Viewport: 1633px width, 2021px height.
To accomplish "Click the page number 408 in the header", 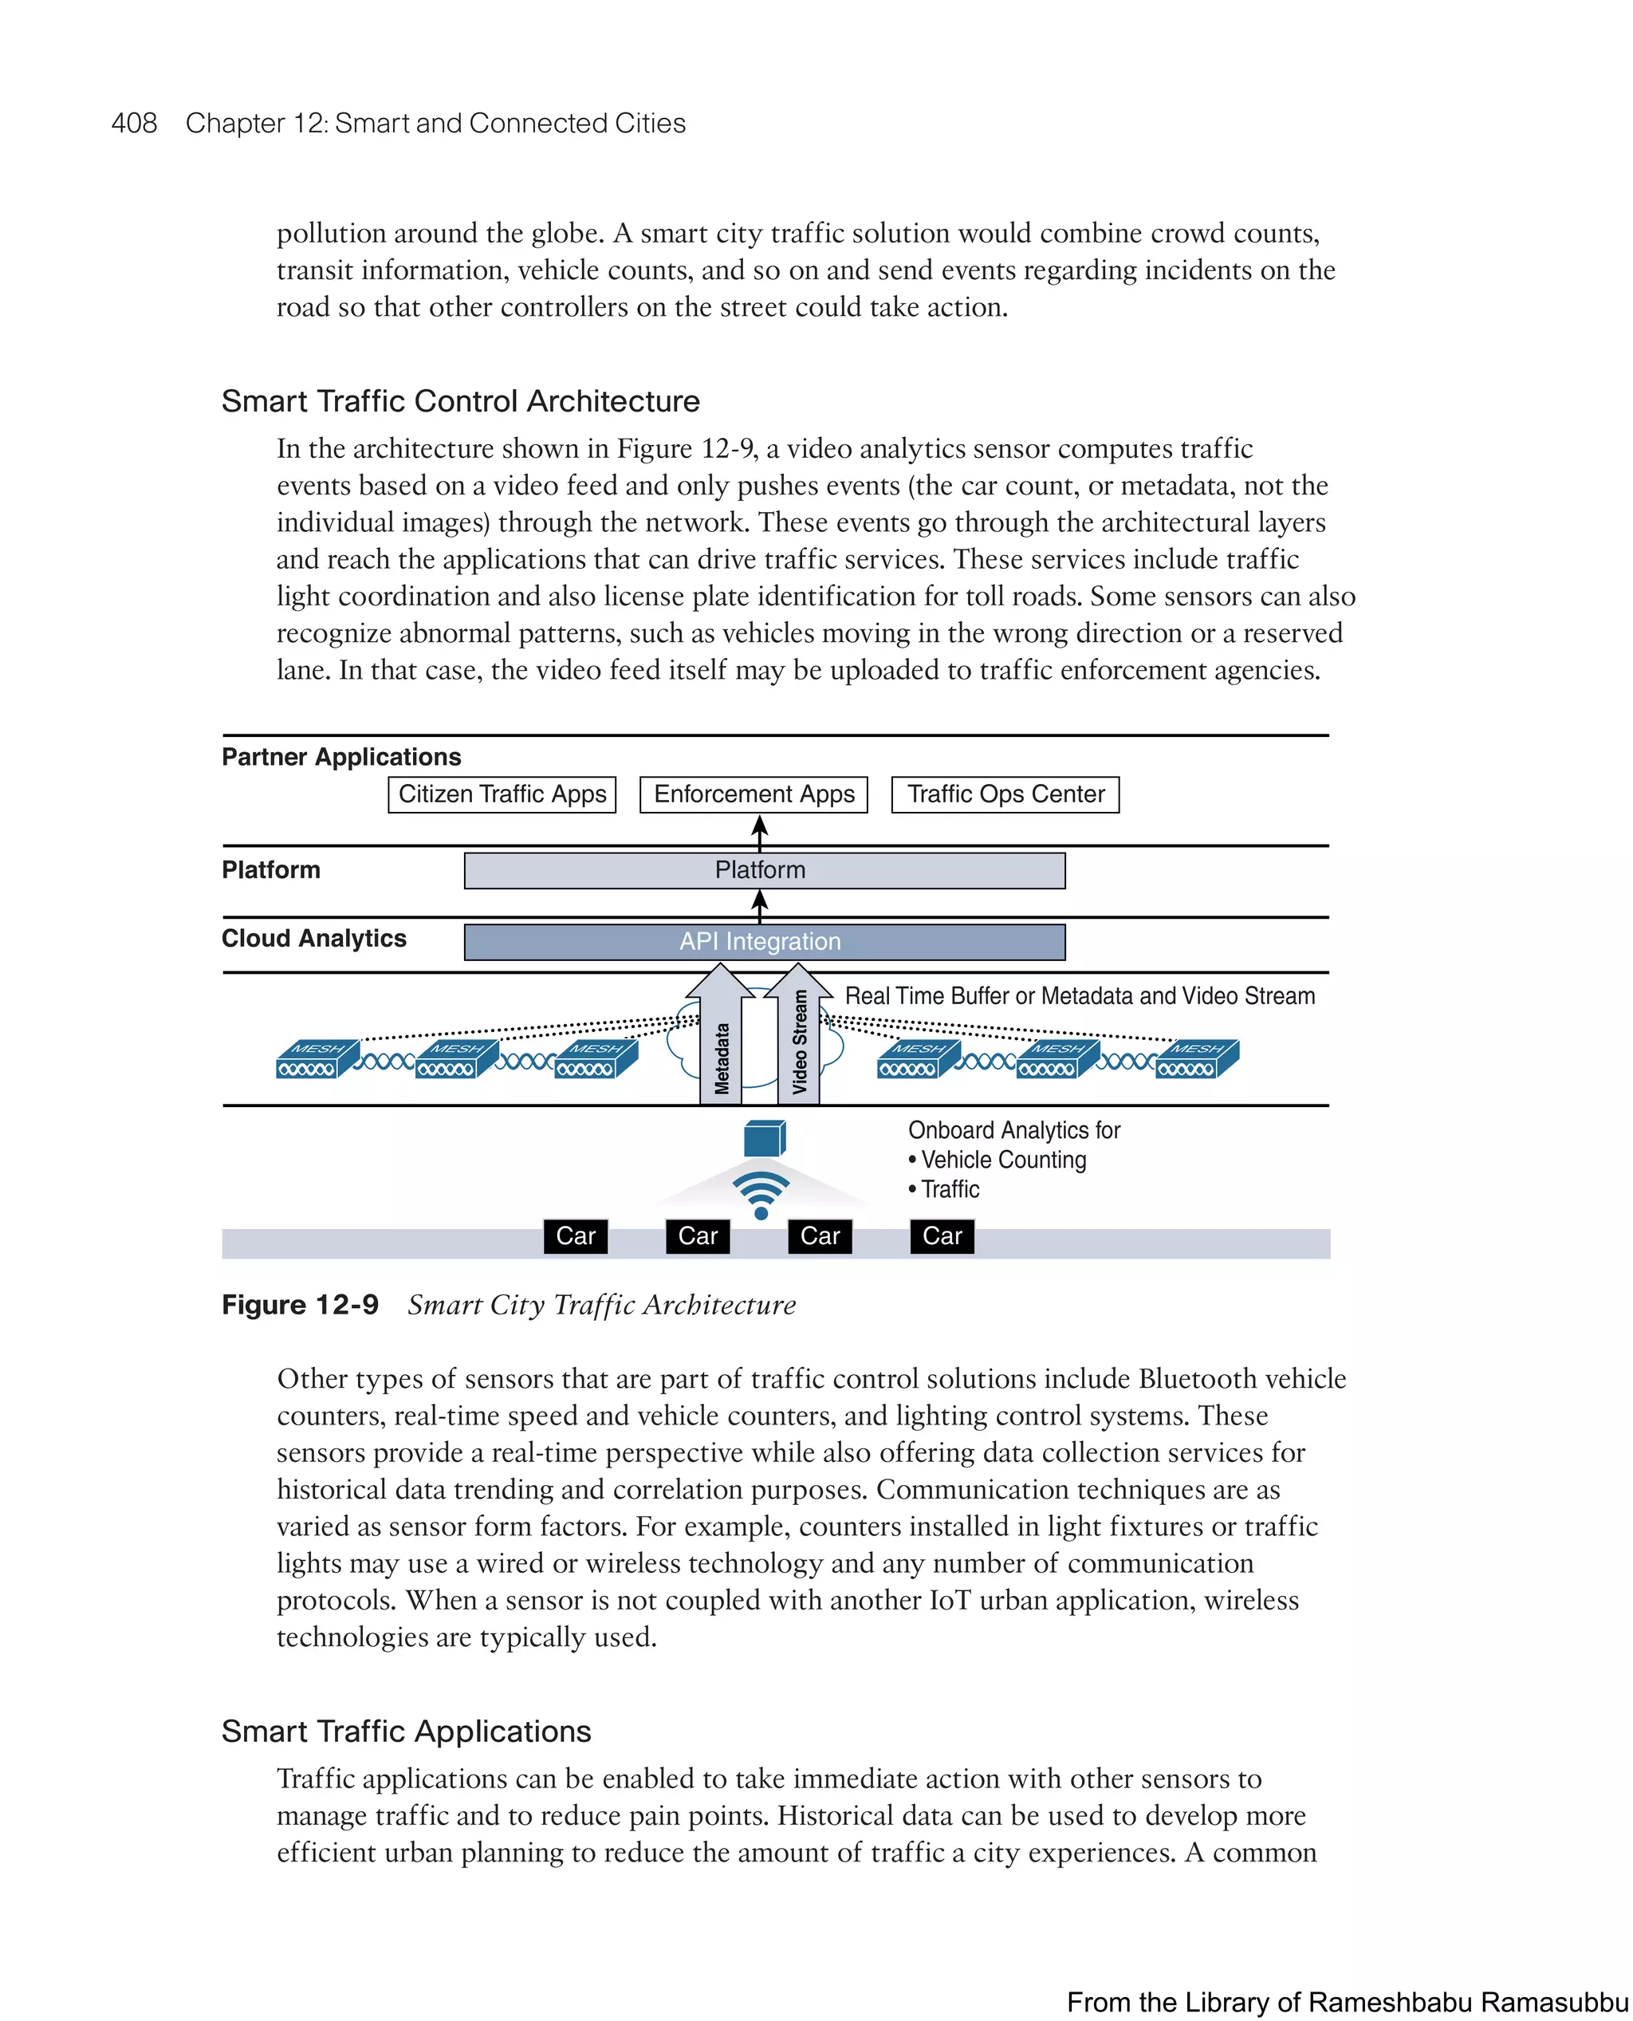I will pyautogui.click(x=134, y=124).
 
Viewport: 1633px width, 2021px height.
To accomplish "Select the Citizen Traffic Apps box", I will pyautogui.click(x=502, y=794).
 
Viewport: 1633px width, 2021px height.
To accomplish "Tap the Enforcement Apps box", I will pyautogui.click(x=754, y=794).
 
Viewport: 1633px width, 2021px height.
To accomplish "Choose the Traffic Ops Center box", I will pyautogui.click(x=1005, y=794).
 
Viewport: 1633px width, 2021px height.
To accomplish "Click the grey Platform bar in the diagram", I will pyautogui.click(x=764, y=870).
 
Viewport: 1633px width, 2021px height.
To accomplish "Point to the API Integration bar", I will pyautogui.click(x=764, y=942).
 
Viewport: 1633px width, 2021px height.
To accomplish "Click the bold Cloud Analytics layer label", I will pyautogui.click(x=313, y=938).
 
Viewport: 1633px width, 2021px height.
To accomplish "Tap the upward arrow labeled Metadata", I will pyautogui.click(x=721, y=1044).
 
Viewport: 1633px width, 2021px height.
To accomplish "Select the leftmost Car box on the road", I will pyautogui.click(x=575, y=1236).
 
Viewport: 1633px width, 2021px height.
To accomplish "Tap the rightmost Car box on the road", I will pyautogui.click(x=942, y=1236).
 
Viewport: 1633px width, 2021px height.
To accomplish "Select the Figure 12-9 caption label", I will pyautogui.click(x=300, y=1305).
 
